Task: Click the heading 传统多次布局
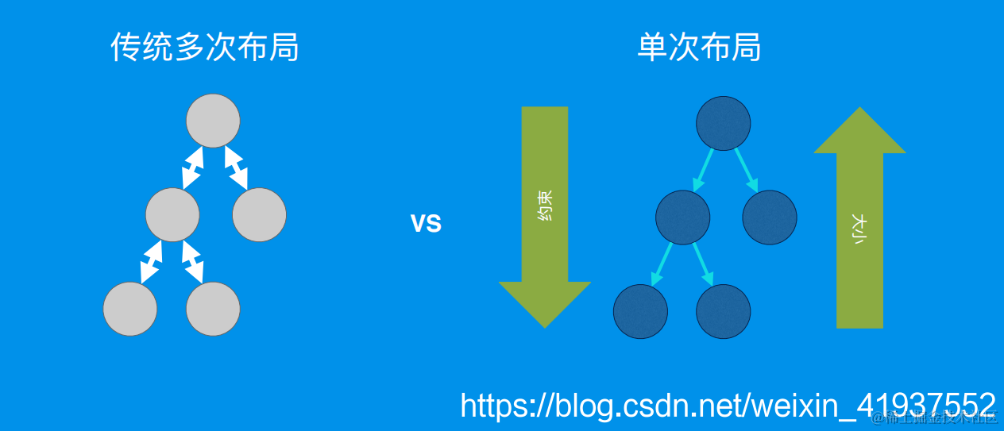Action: (204, 48)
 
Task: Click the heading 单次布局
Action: (699, 48)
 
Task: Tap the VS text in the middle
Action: (426, 223)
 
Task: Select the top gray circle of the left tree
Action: (213, 121)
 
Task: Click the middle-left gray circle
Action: (172, 214)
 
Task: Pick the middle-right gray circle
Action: (259, 214)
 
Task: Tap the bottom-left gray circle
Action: (130, 309)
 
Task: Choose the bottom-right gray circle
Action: (213, 309)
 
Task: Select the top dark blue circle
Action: (723, 122)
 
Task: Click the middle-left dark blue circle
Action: (682, 216)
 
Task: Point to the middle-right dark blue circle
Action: (769, 216)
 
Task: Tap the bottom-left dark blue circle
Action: (640, 310)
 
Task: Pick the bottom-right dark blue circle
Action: (723, 310)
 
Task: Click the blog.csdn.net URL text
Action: (727, 405)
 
